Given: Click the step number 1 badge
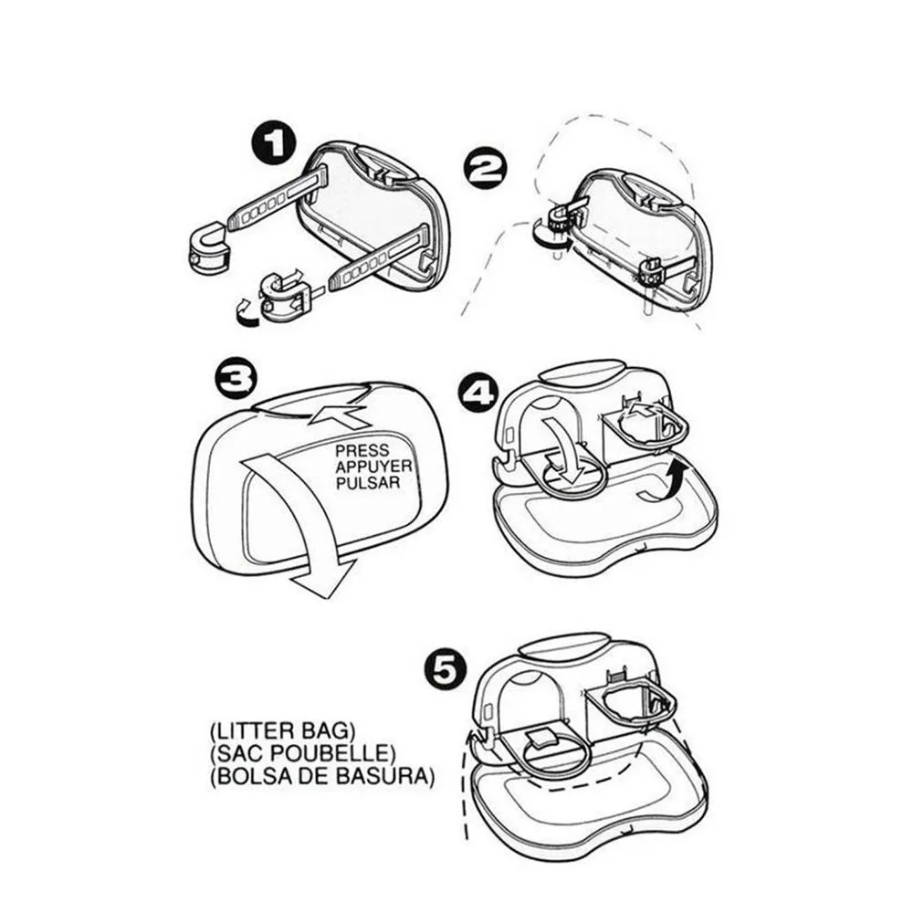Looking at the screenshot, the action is [x=274, y=143].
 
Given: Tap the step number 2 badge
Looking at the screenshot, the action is [x=485, y=170].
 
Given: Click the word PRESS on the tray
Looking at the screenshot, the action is [x=362, y=451].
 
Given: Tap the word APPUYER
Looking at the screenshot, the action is [x=373, y=467].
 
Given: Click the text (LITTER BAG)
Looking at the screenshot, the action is [x=282, y=730].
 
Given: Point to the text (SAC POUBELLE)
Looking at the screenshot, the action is [x=303, y=753].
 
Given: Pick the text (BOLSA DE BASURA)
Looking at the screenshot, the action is [x=322, y=777].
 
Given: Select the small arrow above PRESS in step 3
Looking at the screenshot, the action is [x=339, y=415].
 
